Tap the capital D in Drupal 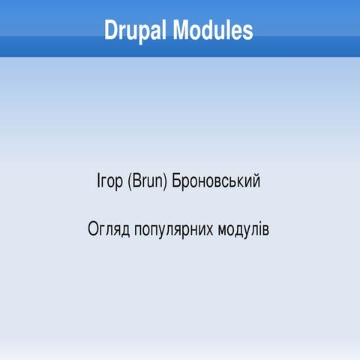[112, 31]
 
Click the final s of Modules [247, 31]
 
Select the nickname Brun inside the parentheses [148, 181]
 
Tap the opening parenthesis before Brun [129, 181]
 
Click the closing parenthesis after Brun [167, 181]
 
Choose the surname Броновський [217, 181]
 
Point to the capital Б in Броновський [177, 181]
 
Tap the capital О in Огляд [93, 227]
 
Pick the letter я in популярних [178, 229]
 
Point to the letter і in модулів [258, 227]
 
